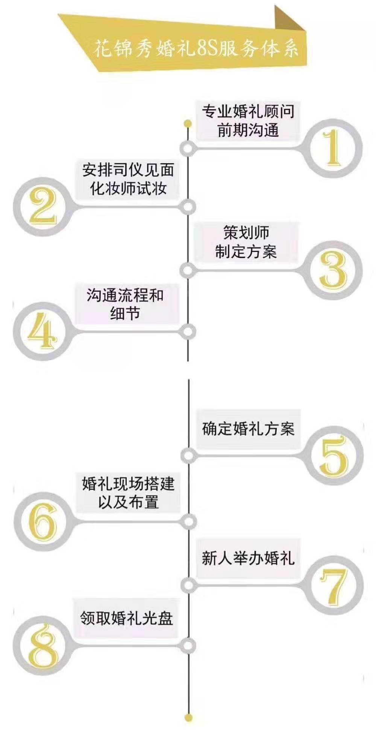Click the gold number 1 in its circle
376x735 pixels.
(333, 148)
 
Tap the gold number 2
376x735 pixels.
(42, 207)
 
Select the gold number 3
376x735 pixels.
(333, 270)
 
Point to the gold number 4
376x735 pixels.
(42, 331)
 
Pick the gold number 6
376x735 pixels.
(43, 521)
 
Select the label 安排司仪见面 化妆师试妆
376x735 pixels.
(128, 179)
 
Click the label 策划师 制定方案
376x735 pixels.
(246, 242)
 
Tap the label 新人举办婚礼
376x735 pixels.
(248, 558)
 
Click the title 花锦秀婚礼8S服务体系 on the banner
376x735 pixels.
(196, 49)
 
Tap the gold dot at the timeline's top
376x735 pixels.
(188, 123)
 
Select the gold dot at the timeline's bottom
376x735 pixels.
(189, 718)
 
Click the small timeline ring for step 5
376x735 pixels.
(188, 455)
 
